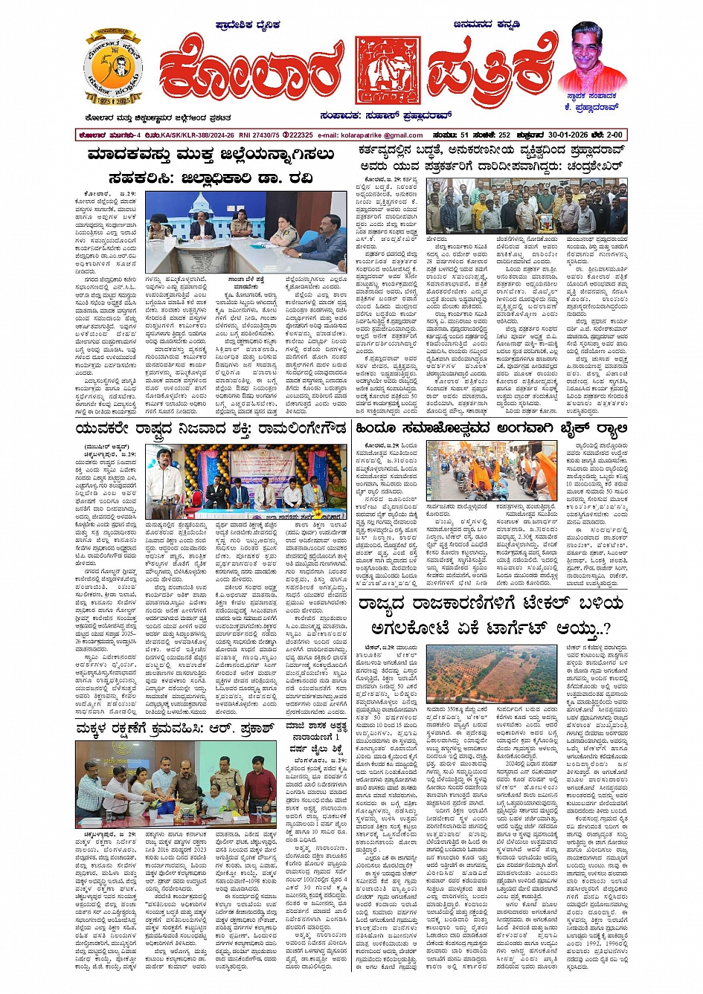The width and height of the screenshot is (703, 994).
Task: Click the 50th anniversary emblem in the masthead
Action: point(114,68)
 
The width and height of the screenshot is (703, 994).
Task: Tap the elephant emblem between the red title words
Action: point(387,70)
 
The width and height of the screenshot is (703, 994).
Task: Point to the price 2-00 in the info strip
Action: point(614,135)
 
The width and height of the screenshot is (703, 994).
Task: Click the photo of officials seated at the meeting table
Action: point(245,232)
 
